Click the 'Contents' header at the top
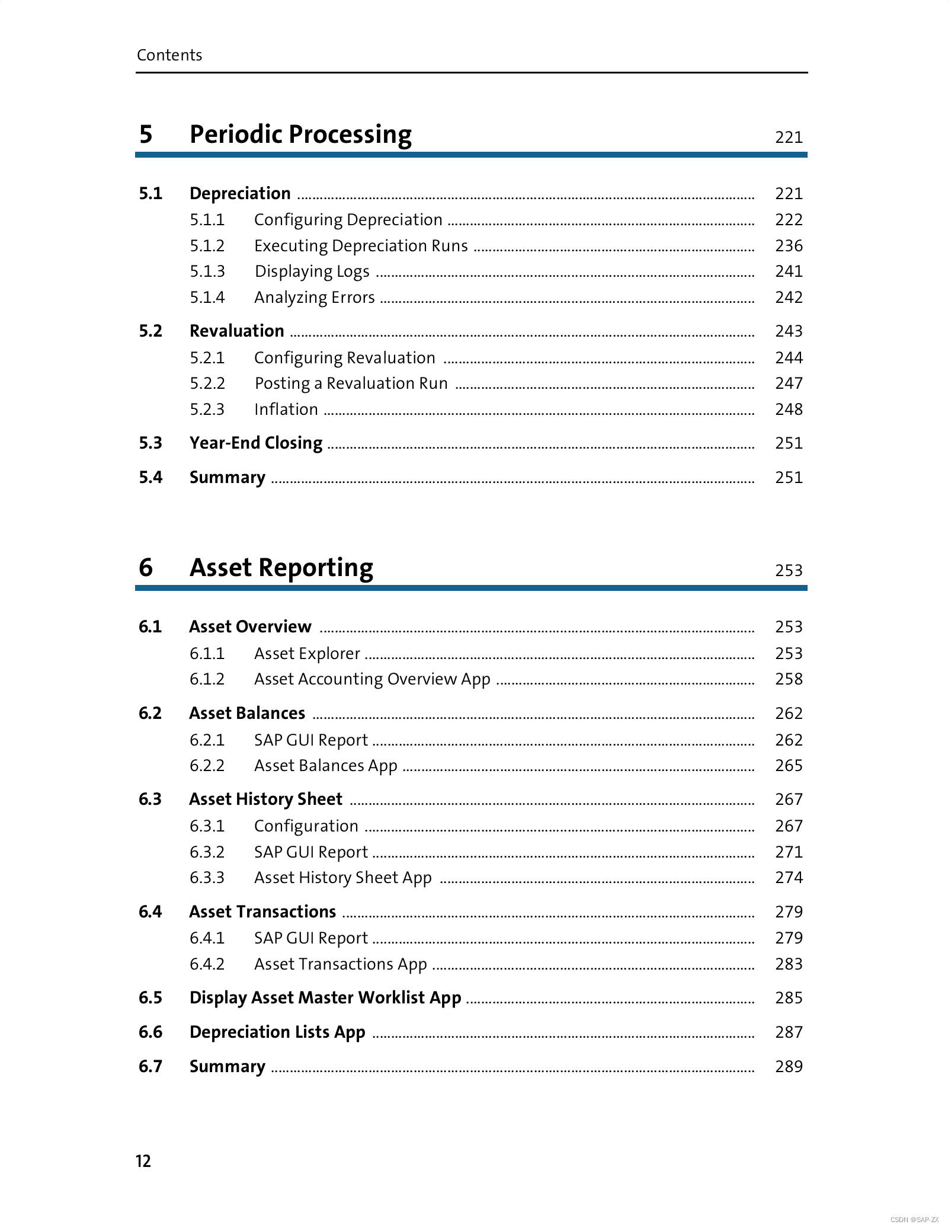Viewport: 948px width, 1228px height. coord(169,55)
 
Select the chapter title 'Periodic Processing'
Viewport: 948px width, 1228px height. coord(300,135)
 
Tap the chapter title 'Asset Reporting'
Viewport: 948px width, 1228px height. coord(281,568)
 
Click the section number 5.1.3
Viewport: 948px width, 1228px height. coord(207,271)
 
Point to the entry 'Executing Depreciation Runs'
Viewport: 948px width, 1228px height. coord(361,246)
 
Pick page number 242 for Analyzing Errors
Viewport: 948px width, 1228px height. coord(789,298)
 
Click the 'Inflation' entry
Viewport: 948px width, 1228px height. coord(286,410)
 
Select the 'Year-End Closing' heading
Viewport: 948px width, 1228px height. coord(256,443)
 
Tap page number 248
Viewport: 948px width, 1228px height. coord(789,410)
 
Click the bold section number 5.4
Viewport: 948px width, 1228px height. coord(150,478)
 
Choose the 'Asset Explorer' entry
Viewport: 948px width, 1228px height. coord(307,654)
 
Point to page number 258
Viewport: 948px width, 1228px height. coord(789,679)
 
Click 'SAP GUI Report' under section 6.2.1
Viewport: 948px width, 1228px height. coord(311,740)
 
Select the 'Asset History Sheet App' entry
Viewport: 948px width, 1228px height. coord(343,878)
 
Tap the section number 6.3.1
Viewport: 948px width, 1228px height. coord(207,826)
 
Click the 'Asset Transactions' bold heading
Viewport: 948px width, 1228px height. coord(262,912)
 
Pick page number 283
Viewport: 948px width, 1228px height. coord(789,964)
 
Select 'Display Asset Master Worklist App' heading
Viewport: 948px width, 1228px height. coord(325,998)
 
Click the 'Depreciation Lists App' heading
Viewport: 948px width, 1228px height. coord(277,1032)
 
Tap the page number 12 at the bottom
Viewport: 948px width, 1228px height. coord(143,1161)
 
